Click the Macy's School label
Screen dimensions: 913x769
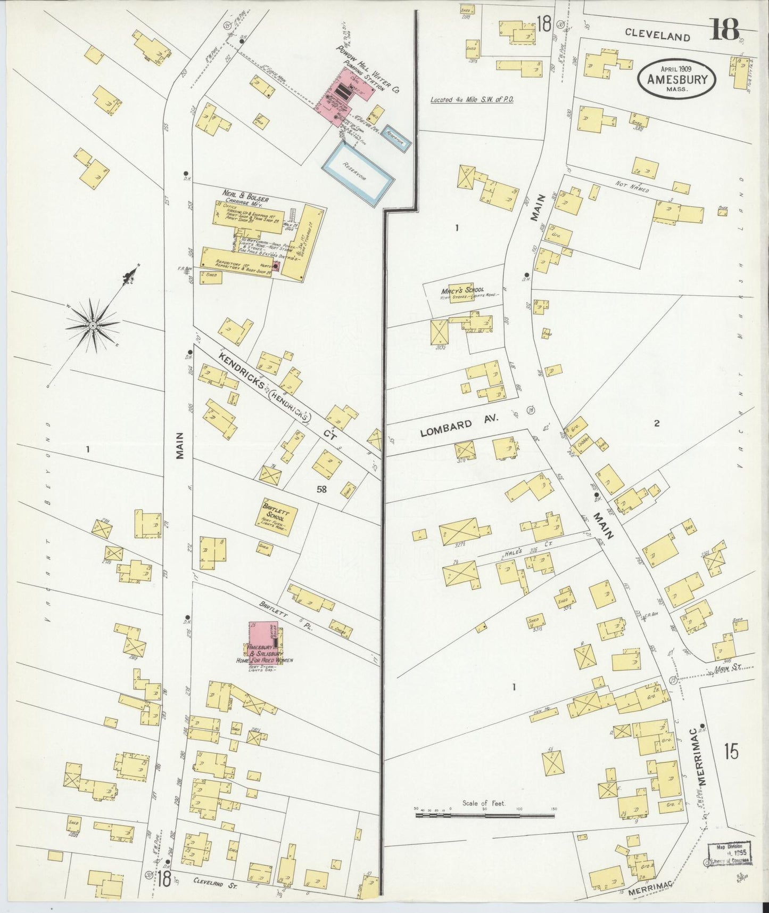[461, 290]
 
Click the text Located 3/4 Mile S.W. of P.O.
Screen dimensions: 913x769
[472, 99]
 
